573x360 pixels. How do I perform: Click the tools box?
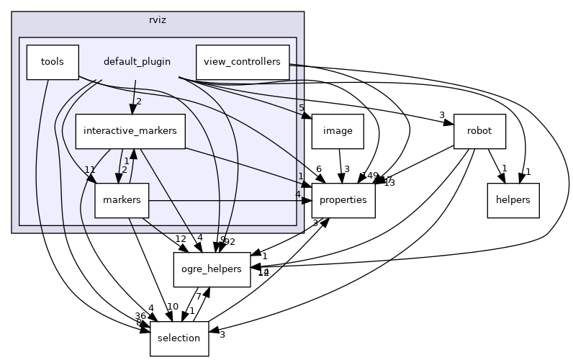click(52, 62)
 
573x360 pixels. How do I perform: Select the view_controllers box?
click(243, 62)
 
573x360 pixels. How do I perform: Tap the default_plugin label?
click(137, 62)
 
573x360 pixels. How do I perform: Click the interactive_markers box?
click(130, 131)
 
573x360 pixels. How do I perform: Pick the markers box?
click(121, 200)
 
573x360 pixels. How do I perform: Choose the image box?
click(336, 131)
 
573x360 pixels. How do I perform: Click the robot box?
click(479, 131)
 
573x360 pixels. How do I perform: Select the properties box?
click(343, 200)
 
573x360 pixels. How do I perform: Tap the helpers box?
click(513, 200)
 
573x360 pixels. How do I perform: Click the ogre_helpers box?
click(212, 269)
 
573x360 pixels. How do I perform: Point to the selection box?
click(179, 338)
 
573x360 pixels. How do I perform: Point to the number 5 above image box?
click(302, 109)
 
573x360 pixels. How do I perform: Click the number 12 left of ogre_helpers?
click(181, 239)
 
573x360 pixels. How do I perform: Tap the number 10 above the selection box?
click(173, 307)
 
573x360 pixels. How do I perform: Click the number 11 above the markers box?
click(90, 170)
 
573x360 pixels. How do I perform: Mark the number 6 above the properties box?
click(318, 168)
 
